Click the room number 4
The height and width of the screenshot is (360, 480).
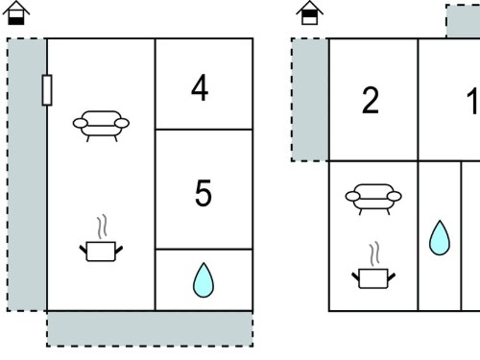point(200,87)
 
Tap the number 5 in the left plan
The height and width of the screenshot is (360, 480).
point(204,193)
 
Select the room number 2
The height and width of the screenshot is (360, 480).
point(371,100)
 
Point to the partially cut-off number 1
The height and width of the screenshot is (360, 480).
point(473,100)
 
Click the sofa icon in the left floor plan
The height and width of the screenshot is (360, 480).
point(101,126)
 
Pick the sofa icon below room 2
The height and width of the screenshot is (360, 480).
point(373,199)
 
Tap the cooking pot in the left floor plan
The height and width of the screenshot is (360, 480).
point(101,252)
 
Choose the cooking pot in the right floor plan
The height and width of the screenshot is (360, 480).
point(373,279)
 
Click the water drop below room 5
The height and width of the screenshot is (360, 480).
point(204,280)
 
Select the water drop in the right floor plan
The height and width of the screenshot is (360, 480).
point(440,238)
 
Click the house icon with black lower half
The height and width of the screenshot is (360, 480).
point(16,12)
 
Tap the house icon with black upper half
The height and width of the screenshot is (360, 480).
point(309,12)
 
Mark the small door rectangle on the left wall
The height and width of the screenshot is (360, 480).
point(47,90)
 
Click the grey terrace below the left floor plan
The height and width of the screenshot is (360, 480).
point(150,328)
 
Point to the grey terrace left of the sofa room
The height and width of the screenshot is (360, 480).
point(27,175)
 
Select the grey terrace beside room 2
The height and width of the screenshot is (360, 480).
point(310,100)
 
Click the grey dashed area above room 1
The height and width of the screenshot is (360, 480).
point(463,21)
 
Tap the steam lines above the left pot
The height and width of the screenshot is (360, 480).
point(102,227)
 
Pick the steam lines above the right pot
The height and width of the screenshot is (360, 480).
point(374,254)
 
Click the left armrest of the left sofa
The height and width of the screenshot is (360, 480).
point(80,123)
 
